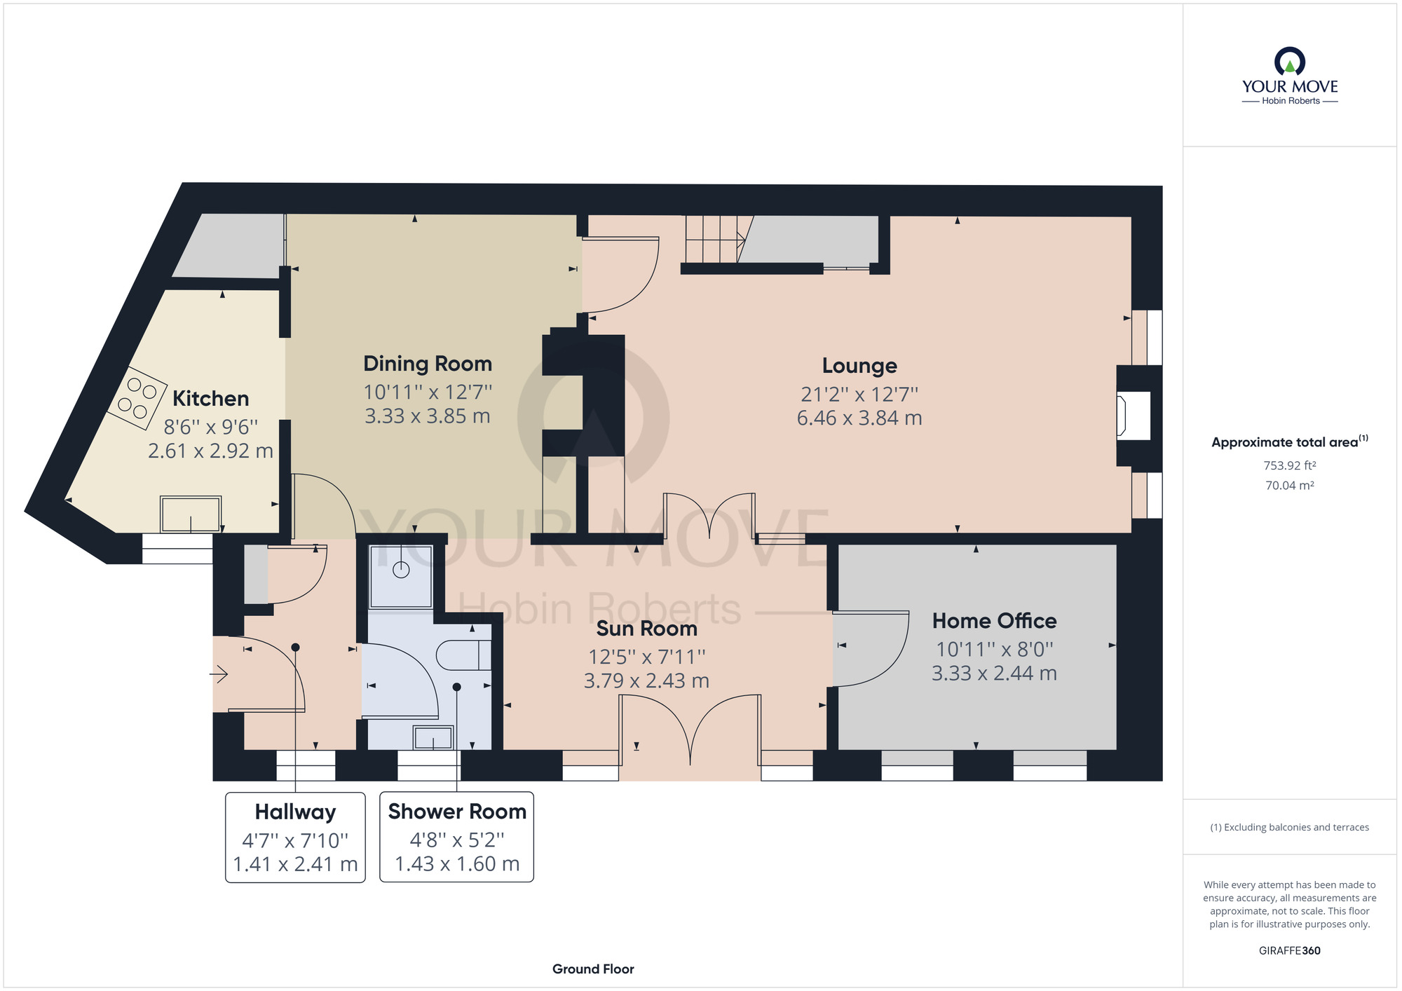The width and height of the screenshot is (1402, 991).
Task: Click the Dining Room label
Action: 428,364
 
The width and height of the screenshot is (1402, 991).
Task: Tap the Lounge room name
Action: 859,366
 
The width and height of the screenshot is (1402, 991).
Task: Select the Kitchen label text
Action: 210,399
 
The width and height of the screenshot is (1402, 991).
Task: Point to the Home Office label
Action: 994,621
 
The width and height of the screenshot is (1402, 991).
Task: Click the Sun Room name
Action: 646,629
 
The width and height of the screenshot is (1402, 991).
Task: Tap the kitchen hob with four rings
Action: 137,398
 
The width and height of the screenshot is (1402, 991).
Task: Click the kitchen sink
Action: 191,514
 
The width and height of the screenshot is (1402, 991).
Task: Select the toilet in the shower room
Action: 463,655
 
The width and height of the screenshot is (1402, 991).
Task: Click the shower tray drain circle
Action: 401,570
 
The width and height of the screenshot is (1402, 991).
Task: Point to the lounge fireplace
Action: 1132,415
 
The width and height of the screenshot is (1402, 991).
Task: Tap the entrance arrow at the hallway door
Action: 219,675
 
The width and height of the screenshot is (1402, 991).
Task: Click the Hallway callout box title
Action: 295,812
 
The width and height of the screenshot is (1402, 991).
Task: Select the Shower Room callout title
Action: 457,812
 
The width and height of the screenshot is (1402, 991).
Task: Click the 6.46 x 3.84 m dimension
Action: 859,418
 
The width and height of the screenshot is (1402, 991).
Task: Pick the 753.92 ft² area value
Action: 1290,465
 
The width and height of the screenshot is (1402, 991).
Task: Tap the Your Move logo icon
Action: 1290,61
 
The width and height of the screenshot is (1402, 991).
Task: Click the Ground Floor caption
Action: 593,969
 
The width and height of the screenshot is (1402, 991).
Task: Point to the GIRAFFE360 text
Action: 1290,951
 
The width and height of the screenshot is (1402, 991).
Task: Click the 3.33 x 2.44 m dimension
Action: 994,674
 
